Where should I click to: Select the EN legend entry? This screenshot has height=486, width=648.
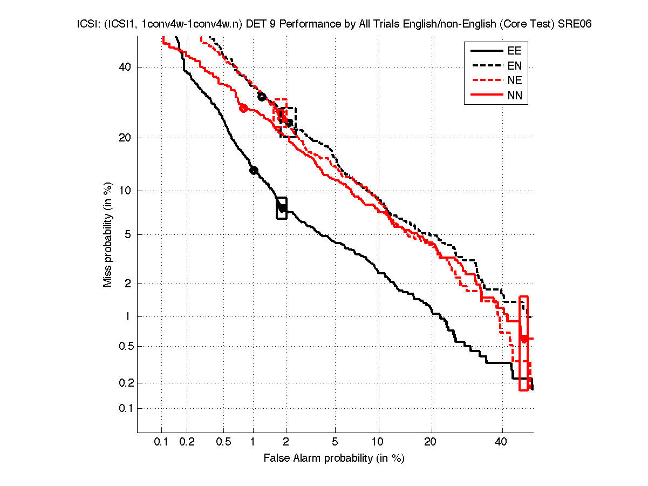click(x=514, y=66)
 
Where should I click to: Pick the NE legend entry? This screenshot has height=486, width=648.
click(x=514, y=81)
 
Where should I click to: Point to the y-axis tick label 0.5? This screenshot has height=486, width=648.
click(x=125, y=346)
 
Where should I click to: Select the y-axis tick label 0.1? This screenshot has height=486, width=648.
click(x=125, y=408)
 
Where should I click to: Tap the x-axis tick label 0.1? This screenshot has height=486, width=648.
click(x=161, y=442)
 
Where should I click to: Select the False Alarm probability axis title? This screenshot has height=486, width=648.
click(x=334, y=458)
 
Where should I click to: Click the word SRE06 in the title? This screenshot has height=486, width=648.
click(x=568, y=25)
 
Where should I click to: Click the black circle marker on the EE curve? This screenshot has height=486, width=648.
click(x=254, y=170)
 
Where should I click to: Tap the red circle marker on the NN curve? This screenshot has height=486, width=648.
click(x=243, y=108)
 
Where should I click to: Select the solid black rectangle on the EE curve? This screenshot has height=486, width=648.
click(x=282, y=208)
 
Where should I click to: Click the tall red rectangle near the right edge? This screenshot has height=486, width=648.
click(x=523, y=343)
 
